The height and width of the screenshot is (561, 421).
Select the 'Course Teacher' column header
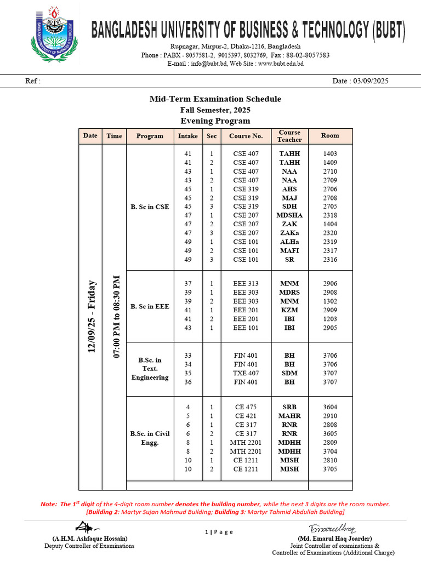289,136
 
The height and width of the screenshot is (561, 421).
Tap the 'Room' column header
330,136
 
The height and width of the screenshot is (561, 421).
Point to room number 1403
330,154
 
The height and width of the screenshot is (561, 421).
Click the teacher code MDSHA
289,215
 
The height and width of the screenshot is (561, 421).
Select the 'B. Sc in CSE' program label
150,207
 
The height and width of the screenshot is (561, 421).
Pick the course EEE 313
246,284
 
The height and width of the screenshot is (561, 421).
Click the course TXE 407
246,373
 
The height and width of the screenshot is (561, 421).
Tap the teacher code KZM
289,310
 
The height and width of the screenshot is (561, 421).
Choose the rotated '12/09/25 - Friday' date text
91,317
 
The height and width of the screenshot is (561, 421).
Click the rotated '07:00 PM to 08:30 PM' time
116,317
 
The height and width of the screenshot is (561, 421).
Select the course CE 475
246,407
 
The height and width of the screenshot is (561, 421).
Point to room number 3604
330,407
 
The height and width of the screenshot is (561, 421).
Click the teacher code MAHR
289,416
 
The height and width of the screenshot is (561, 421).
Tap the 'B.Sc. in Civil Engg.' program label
150,438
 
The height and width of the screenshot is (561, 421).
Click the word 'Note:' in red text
49,504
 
